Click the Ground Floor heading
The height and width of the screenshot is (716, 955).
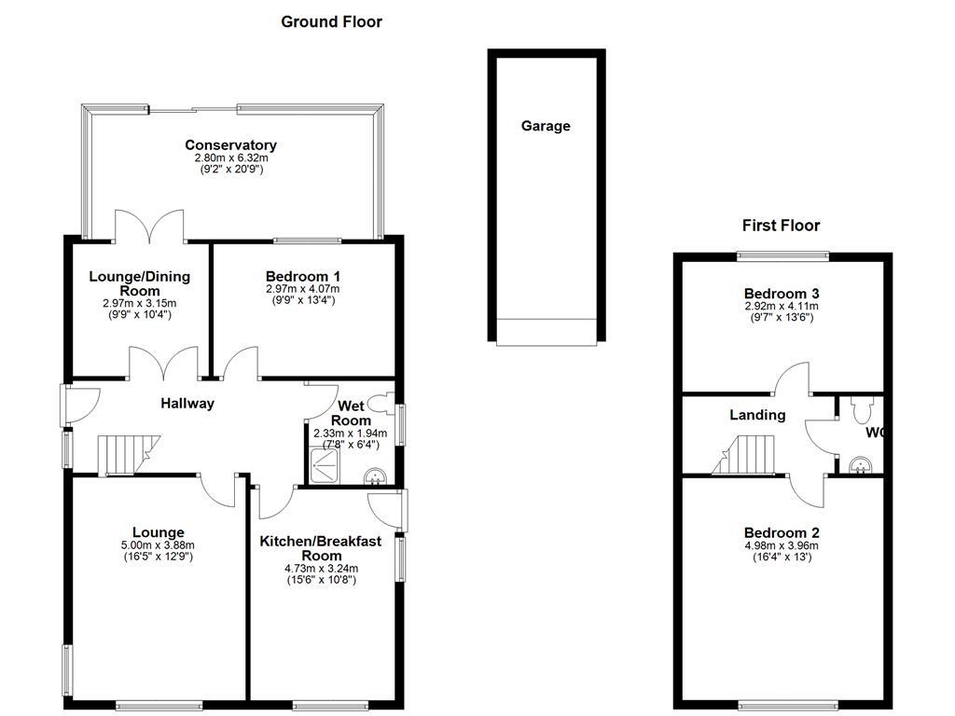tap(331, 21)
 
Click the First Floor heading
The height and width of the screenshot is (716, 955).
tap(781, 225)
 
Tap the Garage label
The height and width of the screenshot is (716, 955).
tap(546, 126)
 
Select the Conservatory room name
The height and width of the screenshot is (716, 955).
tap(230, 145)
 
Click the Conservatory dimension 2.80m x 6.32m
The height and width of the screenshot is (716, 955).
tap(230, 158)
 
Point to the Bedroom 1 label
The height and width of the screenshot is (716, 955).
tap(302, 276)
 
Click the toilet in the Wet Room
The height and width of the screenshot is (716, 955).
tap(381, 404)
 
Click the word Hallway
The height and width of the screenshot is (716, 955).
tap(187, 404)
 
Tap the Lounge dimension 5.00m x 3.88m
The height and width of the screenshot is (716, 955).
tap(158, 545)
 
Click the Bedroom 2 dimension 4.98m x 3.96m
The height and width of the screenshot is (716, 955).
tap(781, 545)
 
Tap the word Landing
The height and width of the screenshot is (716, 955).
tap(756, 415)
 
